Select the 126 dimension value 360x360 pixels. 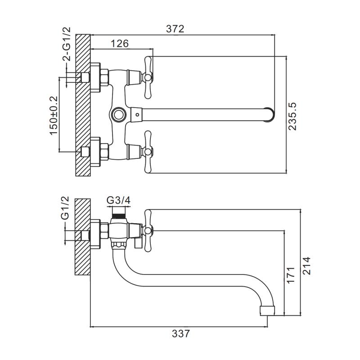point(120,43)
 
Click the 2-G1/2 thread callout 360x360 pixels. point(66,45)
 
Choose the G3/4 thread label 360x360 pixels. point(118,201)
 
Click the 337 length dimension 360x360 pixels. point(180,333)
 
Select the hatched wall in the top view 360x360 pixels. point(83,106)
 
